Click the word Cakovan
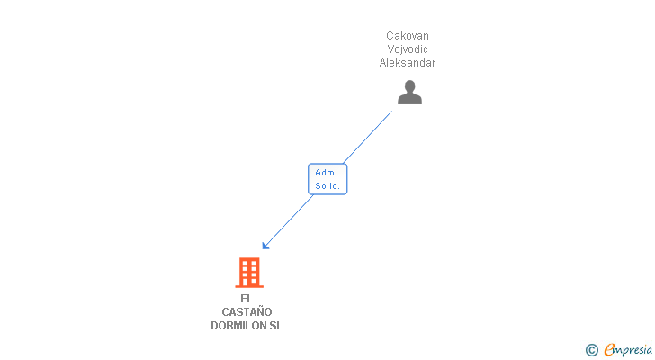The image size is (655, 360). pos(408,36)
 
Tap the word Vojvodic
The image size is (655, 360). pos(408,49)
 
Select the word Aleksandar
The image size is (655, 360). pos(408,63)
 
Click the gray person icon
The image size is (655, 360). pos(409,93)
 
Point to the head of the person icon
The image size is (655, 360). pos(409,87)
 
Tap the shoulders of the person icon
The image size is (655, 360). pos(409,99)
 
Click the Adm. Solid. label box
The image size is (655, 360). pos(327,179)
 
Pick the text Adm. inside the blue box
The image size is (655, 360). pos(326,172)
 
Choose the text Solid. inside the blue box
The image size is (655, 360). pos(327,186)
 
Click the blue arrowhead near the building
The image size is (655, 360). pos(266,245)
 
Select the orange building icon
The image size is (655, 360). pos(248,272)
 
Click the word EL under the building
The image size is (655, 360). pos(247,299)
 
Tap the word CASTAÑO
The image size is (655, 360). pos(247,312)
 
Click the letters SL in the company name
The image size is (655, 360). pos(275,326)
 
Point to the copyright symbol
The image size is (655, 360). pos(591,350)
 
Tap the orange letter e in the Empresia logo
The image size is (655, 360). pos(609,350)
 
